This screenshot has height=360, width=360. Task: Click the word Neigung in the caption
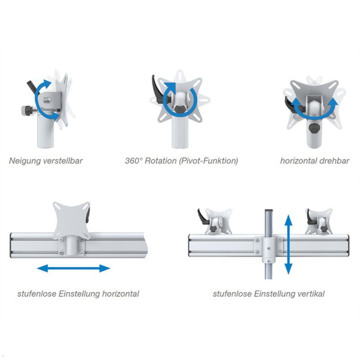pyautogui.click(x=25, y=161)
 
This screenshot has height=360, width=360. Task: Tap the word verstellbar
pyautogui.click(x=63, y=161)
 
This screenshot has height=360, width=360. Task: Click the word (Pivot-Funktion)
pyautogui.click(x=208, y=161)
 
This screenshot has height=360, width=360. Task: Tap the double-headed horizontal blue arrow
pyautogui.click(x=73, y=268)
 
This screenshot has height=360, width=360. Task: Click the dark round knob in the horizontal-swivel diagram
pyautogui.click(x=314, y=128)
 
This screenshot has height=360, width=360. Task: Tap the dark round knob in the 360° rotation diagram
pyautogui.click(x=181, y=108)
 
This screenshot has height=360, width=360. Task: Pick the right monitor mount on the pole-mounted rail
pyautogui.click(x=319, y=222)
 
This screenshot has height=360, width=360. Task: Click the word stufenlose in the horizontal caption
pyautogui.click(x=37, y=294)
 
